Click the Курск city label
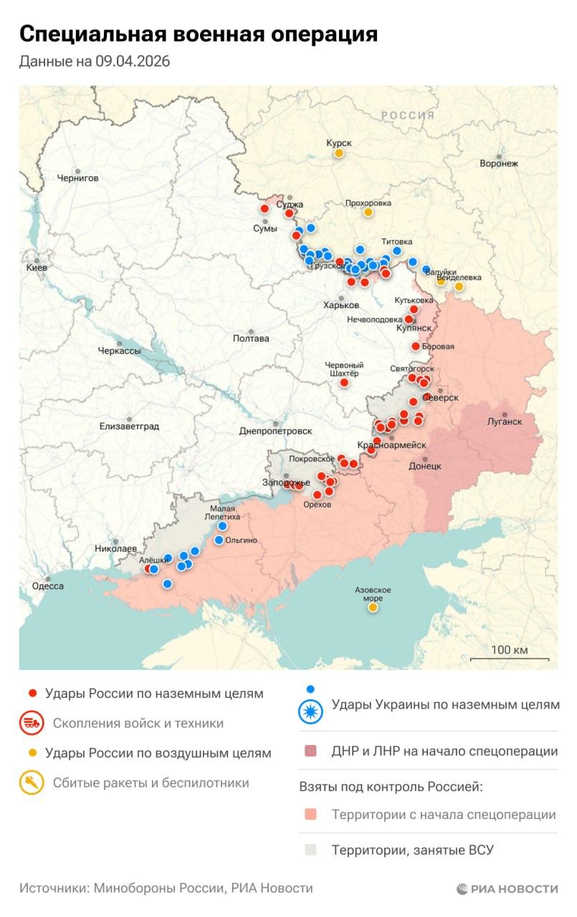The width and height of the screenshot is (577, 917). [x=338, y=143]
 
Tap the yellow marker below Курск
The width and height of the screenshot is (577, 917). [x=338, y=153]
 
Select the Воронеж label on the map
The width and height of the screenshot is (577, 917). [x=499, y=163]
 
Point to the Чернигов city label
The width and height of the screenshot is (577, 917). [x=77, y=178]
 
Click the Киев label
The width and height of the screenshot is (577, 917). [x=36, y=267]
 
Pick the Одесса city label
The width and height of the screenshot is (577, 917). [x=48, y=585]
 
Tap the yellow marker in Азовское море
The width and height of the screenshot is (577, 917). [x=373, y=608]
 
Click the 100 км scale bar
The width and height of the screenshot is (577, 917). [x=510, y=658]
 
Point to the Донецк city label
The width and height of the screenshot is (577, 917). [x=424, y=466]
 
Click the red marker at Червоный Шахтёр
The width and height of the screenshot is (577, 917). [x=344, y=383]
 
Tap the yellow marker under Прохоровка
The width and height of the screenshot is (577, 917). [x=368, y=212]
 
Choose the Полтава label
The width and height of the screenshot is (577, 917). [x=251, y=338]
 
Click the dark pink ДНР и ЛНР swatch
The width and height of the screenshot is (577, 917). [x=310, y=752]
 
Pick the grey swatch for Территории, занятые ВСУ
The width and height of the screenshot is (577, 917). [x=310, y=850]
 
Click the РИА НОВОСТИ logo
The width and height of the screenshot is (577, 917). [x=507, y=889]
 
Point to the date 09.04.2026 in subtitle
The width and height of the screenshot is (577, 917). [x=132, y=62]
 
